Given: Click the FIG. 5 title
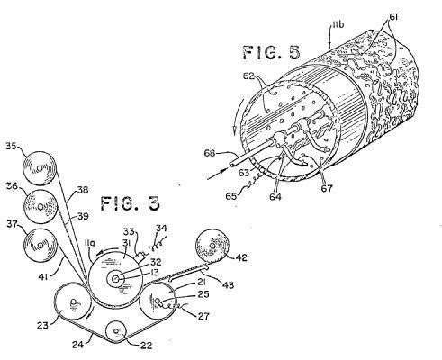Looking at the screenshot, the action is pyautogui.click(x=271, y=53).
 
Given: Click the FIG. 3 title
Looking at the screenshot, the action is pyautogui.click(x=130, y=204).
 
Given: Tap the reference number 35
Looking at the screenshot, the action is pyautogui.click(x=13, y=147).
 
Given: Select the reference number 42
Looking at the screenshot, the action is pyautogui.click(x=240, y=257).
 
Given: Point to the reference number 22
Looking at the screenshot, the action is pyautogui.click(x=146, y=346).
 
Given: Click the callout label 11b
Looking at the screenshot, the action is pyautogui.click(x=338, y=24).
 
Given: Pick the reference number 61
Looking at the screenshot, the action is pyautogui.click(x=392, y=17).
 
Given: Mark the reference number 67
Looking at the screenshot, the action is pyautogui.click(x=326, y=188).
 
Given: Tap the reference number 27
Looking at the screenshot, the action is pyautogui.click(x=203, y=316).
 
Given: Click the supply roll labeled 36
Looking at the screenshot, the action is pyautogui.click(x=41, y=207).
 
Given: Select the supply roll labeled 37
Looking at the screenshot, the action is pyautogui.click(x=41, y=246).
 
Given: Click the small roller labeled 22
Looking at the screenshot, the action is pyautogui.click(x=117, y=330).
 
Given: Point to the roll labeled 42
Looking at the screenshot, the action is pyautogui.click(x=212, y=246).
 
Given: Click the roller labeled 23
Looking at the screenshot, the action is pyautogui.click(x=74, y=301).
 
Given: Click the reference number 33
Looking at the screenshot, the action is pyautogui.click(x=130, y=232).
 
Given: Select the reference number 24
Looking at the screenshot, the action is pyautogui.click(x=78, y=345).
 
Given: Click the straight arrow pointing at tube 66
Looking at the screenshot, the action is pyautogui.click(x=218, y=175).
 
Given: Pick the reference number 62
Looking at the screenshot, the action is pyautogui.click(x=248, y=76).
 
